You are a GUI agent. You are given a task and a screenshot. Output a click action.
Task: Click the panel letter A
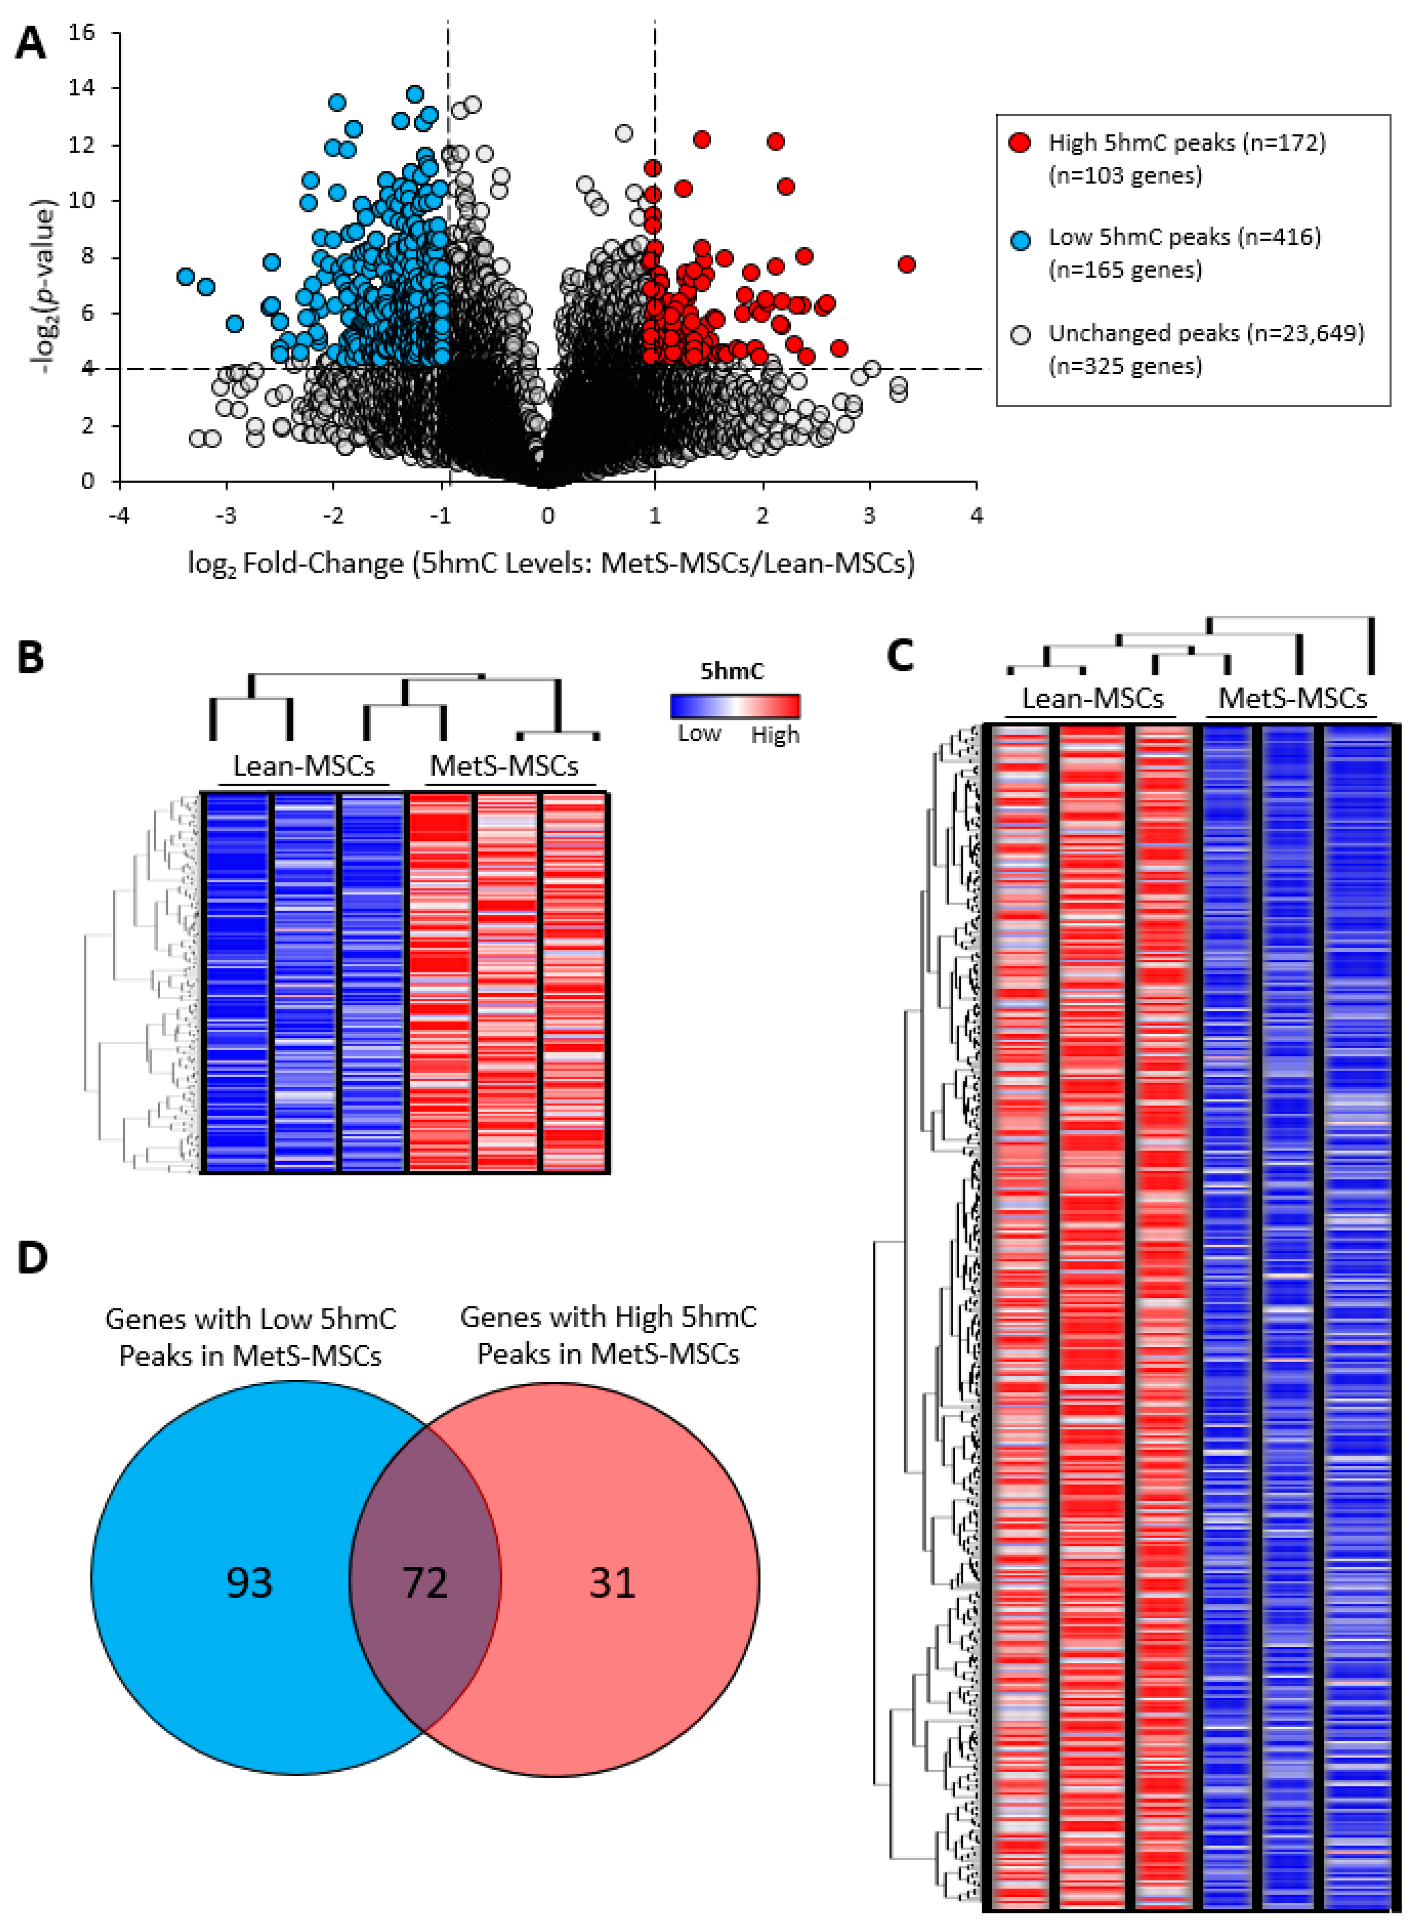click(x=30, y=43)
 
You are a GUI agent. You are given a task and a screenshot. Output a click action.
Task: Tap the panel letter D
click(x=33, y=1257)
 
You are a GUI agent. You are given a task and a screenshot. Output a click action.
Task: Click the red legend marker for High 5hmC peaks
click(x=1020, y=143)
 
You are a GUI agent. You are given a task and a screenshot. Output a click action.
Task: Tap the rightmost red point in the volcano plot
click(x=906, y=264)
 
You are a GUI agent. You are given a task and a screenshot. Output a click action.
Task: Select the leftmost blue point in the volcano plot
click(x=185, y=276)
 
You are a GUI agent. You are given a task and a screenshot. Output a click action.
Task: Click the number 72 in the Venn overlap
click(x=425, y=1583)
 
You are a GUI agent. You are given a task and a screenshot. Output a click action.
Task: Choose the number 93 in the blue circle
click(x=249, y=1583)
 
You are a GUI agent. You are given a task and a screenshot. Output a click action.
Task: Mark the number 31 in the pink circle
click(x=612, y=1583)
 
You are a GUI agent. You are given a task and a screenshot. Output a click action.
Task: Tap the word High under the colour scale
click(x=775, y=735)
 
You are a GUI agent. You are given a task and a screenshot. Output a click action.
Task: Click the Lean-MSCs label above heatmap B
click(x=304, y=765)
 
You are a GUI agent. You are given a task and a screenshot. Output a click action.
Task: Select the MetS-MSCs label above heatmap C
click(x=1292, y=697)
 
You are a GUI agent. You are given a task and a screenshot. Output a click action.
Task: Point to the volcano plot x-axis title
click(x=551, y=564)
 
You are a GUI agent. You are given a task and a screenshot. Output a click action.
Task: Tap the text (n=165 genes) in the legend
click(x=1124, y=270)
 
